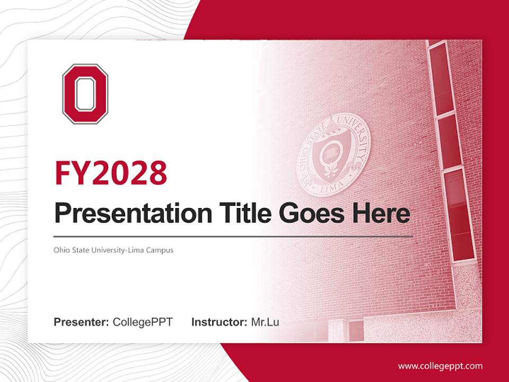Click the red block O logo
[x=85, y=94]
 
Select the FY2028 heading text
[x=111, y=172]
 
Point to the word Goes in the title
[x=308, y=213]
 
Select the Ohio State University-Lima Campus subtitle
[x=113, y=249]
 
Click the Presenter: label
[x=82, y=322]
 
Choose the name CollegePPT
[x=143, y=322]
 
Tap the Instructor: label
[x=219, y=322]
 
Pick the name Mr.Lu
[x=265, y=322]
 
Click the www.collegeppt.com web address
[x=440, y=366]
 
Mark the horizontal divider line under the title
[x=233, y=236]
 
